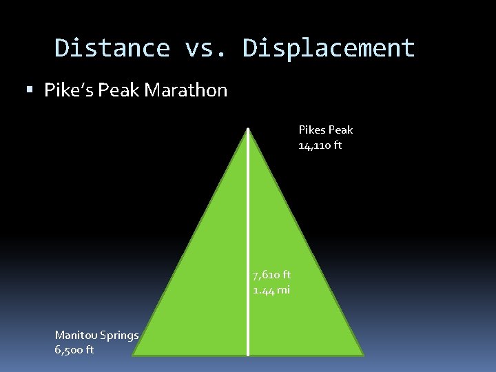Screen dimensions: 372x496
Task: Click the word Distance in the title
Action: pos(112,48)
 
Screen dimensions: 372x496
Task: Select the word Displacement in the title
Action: pos(329,48)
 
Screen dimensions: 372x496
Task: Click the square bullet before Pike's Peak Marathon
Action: pos(28,90)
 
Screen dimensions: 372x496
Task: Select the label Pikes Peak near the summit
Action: pos(325,130)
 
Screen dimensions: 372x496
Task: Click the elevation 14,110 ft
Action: pos(320,145)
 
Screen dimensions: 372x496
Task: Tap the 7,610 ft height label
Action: pos(271,275)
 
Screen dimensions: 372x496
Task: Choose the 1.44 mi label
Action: pos(271,290)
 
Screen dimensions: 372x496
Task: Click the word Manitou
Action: pos(76,335)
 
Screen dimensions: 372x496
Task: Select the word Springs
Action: pos(119,335)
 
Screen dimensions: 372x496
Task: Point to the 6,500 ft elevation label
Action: pos(74,349)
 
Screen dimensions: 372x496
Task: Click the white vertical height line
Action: pos(248,207)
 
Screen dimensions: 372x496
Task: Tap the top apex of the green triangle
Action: pos(248,129)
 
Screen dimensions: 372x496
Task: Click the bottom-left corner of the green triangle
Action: pos(134,355)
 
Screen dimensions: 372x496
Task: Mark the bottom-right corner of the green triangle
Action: pos(363,355)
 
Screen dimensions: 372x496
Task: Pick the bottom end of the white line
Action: pos(248,353)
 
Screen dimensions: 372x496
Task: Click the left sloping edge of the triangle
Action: pos(191,242)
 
